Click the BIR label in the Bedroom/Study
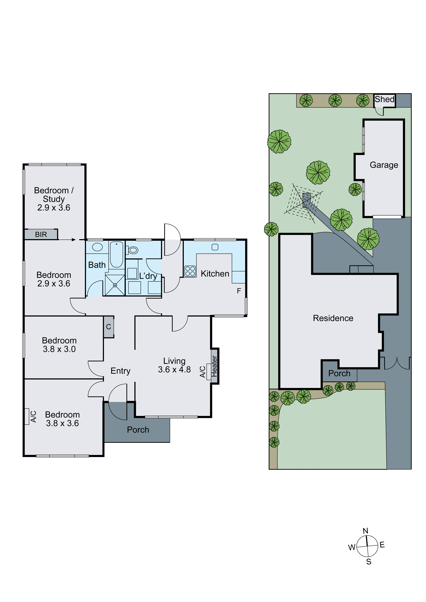(41, 234)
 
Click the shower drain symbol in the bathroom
(115, 285)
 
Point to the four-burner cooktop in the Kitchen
(190, 271)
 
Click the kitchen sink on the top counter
(215, 247)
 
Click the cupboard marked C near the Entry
(109, 327)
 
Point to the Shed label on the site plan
(384, 99)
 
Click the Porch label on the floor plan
(138, 430)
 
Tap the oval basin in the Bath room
(97, 247)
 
